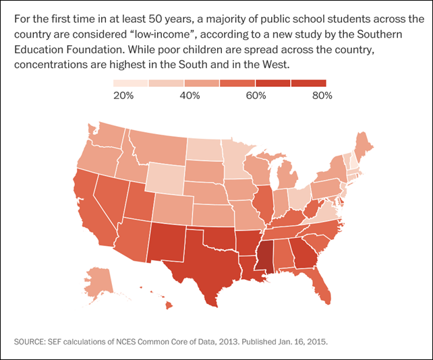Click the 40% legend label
pyautogui.click(x=189, y=96)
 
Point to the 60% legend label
pyautogui.click(x=256, y=96)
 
